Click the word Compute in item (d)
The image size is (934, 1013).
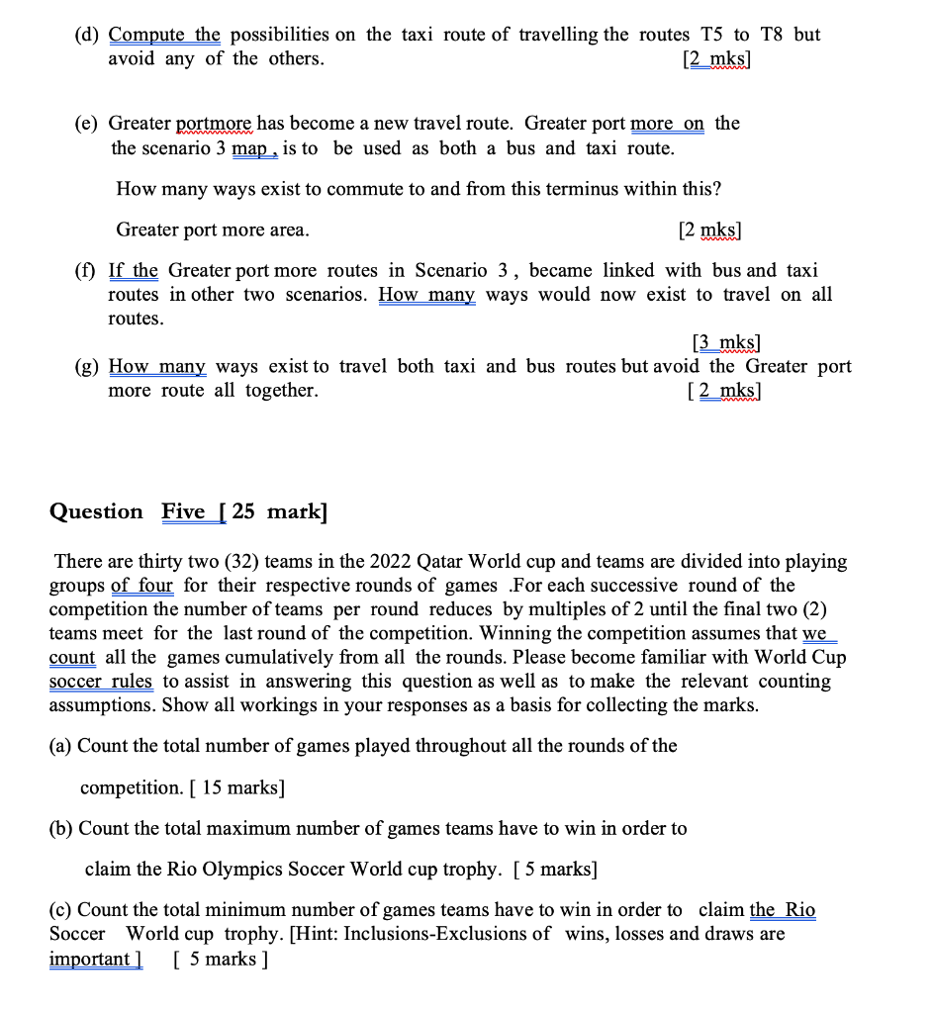tap(149, 35)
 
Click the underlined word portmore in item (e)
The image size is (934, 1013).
tap(216, 124)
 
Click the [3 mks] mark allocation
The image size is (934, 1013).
tap(726, 343)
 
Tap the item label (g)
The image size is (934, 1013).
tap(88, 367)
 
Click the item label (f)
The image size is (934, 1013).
tap(88, 271)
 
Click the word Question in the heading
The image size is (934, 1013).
tap(96, 511)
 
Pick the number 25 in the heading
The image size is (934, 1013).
tap(244, 511)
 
